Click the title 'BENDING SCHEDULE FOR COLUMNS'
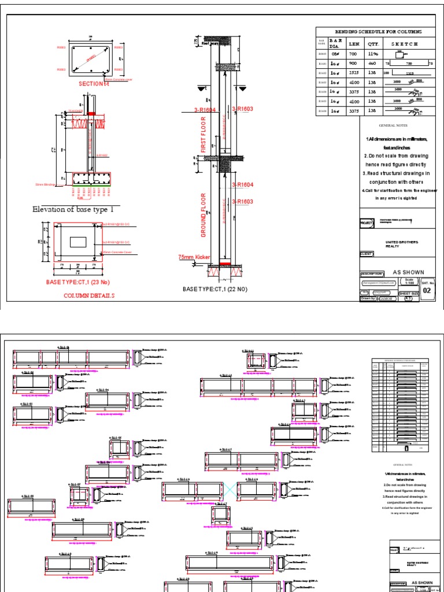[379, 32]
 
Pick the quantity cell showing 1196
[372, 54]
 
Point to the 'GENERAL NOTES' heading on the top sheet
[393, 125]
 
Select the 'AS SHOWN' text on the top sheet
[408, 272]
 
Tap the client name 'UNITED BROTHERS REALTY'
[401, 244]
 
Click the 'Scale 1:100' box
[409, 281]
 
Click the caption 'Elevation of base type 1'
[77, 209]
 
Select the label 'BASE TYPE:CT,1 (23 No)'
[80, 282]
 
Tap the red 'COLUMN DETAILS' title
[89, 295]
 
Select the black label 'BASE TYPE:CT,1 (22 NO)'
[215, 288]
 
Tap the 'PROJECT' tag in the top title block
[367, 221]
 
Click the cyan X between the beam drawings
[231, 489]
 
